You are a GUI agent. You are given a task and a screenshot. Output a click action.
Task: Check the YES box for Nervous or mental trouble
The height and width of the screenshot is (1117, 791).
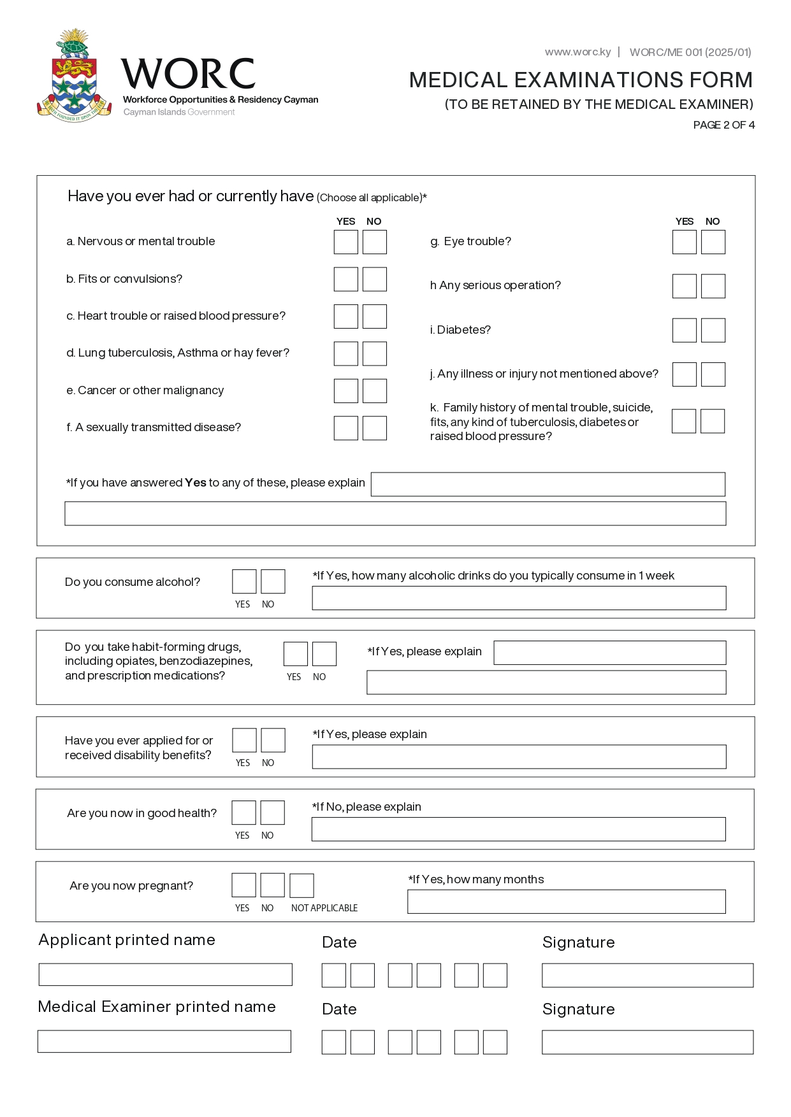pos(345,242)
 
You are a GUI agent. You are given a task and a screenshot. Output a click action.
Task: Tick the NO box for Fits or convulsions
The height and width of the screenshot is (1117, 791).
pos(375,279)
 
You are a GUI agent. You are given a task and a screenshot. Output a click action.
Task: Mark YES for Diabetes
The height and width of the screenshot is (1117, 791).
pos(684,330)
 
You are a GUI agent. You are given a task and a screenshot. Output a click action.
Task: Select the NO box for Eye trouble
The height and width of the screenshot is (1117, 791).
pos(713,242)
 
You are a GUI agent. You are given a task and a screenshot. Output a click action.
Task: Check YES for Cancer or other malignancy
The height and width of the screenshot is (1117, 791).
pos(345,391)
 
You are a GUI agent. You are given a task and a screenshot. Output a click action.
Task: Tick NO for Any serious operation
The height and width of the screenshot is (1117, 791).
pos(713,286)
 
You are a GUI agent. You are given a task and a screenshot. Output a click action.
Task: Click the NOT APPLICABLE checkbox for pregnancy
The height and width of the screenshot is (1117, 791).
pos(301,885)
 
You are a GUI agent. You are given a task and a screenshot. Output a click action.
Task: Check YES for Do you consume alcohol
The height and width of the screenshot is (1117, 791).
pos(244,581)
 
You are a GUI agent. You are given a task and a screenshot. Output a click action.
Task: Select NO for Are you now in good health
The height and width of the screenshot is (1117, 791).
pos(272,813)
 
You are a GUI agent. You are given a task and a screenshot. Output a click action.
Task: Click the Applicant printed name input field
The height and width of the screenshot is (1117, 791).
pos(165,974)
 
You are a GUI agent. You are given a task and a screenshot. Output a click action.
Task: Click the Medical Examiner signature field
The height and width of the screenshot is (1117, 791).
pos(647,1042)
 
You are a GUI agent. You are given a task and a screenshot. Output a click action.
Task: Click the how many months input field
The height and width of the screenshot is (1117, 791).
pos(566,902)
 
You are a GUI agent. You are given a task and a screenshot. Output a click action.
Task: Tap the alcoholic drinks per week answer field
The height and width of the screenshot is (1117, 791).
pos(518,598)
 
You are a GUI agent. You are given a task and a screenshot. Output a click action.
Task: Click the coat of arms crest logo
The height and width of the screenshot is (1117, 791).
pos(74,76)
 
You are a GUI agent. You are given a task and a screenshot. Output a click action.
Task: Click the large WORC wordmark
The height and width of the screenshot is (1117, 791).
pos(189,74)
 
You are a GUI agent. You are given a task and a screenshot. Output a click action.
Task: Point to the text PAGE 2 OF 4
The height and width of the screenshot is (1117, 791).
pos(723,125)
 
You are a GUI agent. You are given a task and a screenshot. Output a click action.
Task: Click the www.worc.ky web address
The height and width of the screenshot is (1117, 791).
pos(577,52)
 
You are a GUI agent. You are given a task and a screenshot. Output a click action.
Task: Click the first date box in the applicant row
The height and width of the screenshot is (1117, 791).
pos(333,975)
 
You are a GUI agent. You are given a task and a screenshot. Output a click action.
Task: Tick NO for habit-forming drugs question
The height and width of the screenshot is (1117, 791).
pos(324,654)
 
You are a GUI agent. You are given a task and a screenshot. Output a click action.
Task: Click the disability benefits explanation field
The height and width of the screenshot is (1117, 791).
pos(518,757)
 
